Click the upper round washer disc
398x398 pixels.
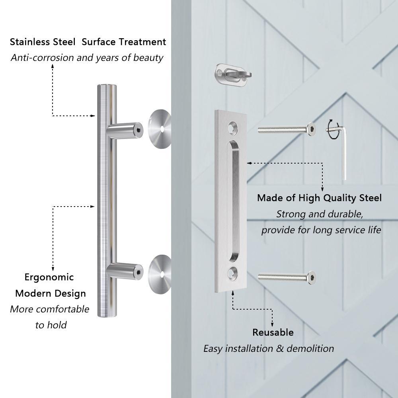point(160,129)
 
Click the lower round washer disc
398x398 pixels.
point(160,274)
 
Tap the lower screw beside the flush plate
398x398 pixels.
point(287,277)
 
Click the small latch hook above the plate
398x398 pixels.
point(233,75)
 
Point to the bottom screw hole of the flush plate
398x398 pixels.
point(232,273)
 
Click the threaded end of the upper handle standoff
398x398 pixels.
point(138,129)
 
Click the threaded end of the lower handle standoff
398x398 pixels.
point(138,272)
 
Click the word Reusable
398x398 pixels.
point(273,332)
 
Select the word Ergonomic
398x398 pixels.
point(49,277)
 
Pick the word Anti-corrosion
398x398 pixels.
point(43,58)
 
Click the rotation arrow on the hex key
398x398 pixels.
point(333,129)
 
